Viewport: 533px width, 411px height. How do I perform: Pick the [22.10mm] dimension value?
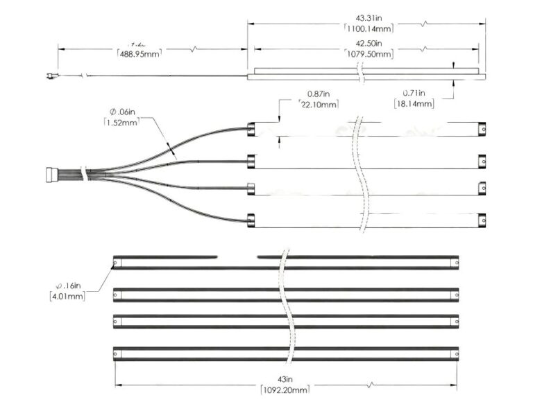click(318, 105)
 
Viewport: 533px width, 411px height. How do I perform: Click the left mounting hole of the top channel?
click(117, 263)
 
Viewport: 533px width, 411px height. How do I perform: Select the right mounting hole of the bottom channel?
click(455, 353)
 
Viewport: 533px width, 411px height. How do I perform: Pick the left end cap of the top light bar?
click(252, 128)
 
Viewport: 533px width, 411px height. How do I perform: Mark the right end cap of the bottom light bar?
click(482, 221)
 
